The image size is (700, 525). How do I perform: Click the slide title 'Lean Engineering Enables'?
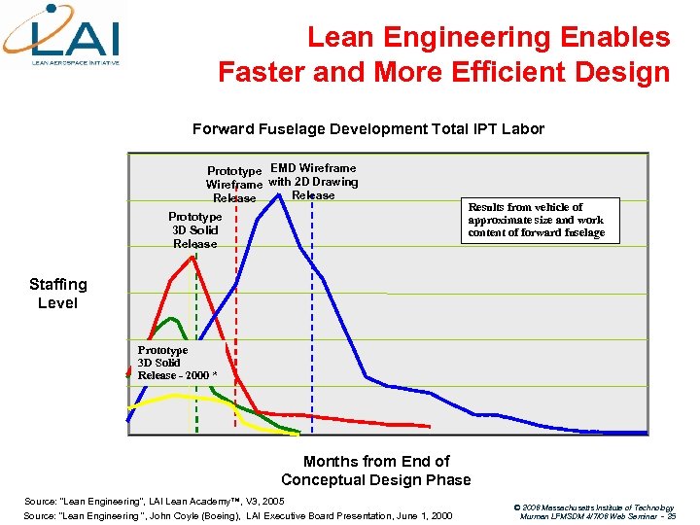point(488,38)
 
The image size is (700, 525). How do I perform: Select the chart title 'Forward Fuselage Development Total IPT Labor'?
point(367,129)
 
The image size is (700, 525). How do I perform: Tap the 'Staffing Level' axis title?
point(57,294)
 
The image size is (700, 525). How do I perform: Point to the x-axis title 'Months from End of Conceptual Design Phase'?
point(376,471)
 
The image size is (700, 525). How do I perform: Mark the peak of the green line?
point(172,318)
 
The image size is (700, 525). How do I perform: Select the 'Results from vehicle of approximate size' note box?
point(537,220)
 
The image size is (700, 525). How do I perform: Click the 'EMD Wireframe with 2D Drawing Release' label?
point(313,182)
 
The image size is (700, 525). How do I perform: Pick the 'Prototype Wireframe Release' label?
point(234,185)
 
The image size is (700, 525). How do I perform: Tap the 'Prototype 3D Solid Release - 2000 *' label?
point(177,363)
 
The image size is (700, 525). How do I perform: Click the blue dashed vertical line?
point(313,321)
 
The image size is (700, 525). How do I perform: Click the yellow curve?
point(175,396)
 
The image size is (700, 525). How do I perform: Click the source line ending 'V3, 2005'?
point(154,500)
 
